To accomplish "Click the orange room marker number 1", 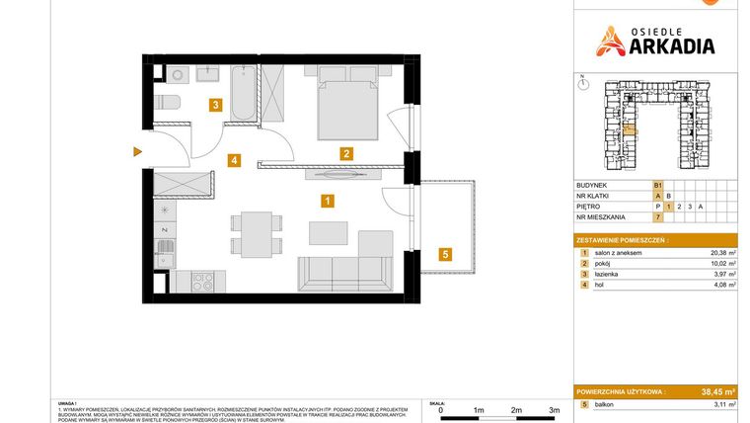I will point(328,201).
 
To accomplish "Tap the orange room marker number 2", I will point(346,153).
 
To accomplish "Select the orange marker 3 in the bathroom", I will point(213,103).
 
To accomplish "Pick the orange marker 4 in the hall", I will point(234,159).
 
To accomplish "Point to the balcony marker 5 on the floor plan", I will point(445,254).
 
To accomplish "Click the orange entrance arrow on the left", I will point(138,151).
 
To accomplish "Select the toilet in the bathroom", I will point(167,102).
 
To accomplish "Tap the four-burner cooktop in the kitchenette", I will point(202,281).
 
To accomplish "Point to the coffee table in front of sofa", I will point(328,233).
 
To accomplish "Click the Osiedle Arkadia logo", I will point(655,41).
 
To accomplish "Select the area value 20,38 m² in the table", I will point(724,254).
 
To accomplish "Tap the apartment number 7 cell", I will point(656,216).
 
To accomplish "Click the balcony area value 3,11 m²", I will point(724,405).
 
